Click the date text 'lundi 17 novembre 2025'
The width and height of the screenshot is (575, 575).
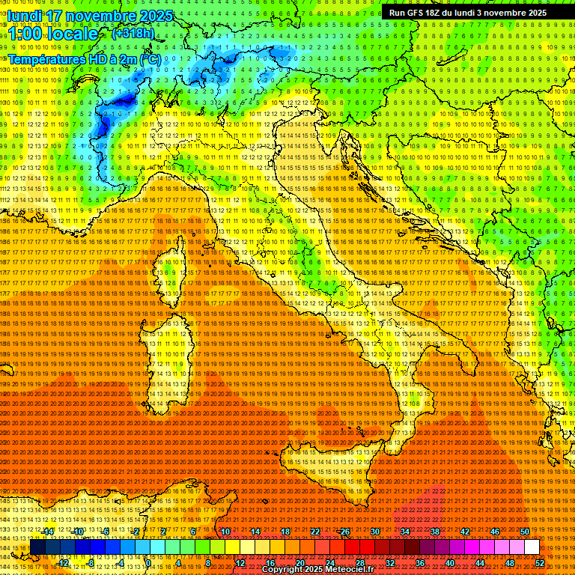90,16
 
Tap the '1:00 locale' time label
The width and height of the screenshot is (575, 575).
53,34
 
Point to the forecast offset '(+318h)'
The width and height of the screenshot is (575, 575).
133,34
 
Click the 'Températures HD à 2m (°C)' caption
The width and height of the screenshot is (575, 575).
85,59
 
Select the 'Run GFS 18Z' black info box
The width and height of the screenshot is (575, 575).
467,13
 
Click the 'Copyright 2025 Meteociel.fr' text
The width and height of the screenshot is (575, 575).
323,570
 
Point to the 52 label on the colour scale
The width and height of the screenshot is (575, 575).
539,563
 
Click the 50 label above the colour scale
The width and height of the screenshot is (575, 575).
524,532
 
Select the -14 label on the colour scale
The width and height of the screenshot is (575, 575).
48,532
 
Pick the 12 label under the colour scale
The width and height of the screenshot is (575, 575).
240,563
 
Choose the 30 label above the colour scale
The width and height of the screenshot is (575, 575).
374,532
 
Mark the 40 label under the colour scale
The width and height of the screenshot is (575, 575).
450,563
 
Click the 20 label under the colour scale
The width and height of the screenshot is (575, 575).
300,563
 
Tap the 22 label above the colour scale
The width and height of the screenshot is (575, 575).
315,532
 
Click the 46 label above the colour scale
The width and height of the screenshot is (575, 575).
494,532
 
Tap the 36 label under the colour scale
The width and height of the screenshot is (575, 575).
420,563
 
